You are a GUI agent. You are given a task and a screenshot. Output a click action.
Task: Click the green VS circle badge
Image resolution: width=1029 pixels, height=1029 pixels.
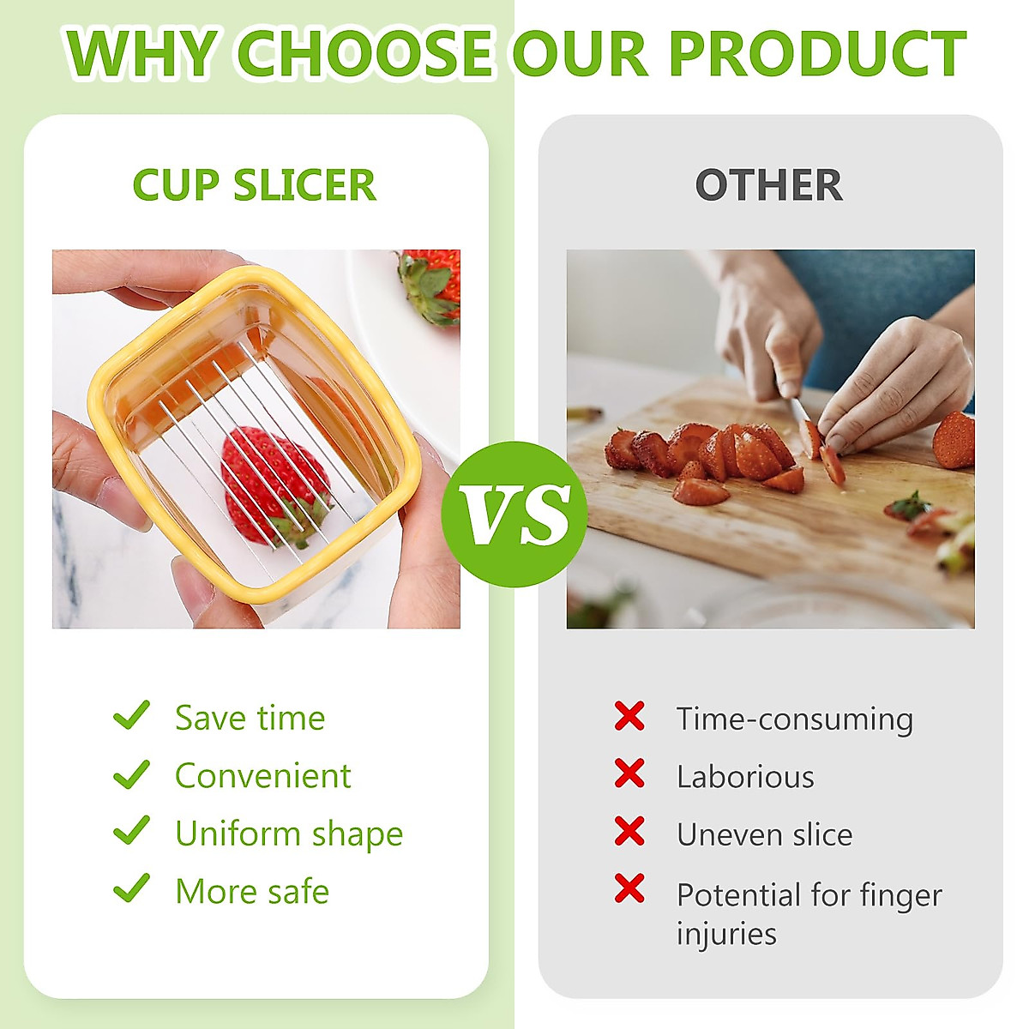click(x=514, y=514)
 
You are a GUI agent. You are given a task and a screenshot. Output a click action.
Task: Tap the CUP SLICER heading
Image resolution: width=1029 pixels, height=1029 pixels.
click(x=255, y=185)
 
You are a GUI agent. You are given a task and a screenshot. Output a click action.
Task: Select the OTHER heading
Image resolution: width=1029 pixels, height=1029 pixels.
click(x=769, y=185)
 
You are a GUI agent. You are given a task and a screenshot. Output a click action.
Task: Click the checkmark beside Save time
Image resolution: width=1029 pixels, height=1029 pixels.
click(x=131, y=715)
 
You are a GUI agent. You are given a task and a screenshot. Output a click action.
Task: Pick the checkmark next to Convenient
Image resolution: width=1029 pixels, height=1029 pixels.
click(x=131, y=773)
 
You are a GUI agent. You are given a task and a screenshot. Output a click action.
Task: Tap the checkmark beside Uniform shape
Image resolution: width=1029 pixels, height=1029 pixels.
click(x=131, y=830)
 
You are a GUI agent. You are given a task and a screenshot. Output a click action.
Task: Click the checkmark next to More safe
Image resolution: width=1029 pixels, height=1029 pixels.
click(x=131, y=888)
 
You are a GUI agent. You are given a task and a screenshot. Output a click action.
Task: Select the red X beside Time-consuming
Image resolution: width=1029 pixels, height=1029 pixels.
click(x=629, y=716)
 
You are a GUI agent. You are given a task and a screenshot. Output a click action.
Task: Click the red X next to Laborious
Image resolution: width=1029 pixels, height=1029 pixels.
click(x=629, y=773)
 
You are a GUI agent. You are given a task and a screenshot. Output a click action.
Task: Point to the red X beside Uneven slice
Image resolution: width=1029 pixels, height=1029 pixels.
click(x=629, y=831)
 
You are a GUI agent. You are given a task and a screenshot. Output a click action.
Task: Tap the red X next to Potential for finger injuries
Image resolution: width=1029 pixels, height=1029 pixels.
click(x=629, y=888)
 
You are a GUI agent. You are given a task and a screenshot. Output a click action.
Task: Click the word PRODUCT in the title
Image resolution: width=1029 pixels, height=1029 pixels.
click(x=817, y=53)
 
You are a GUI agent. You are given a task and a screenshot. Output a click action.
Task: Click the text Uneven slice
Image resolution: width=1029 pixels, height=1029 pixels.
click(x=764, y=834)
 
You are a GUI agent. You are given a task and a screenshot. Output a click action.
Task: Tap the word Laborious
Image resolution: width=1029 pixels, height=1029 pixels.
click(x=745, y=777)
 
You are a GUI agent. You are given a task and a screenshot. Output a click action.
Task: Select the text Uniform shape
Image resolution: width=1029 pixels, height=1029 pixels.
click(x=289, y=833)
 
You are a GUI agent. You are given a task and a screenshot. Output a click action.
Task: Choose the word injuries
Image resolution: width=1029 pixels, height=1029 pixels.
click(x=726, y=933)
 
